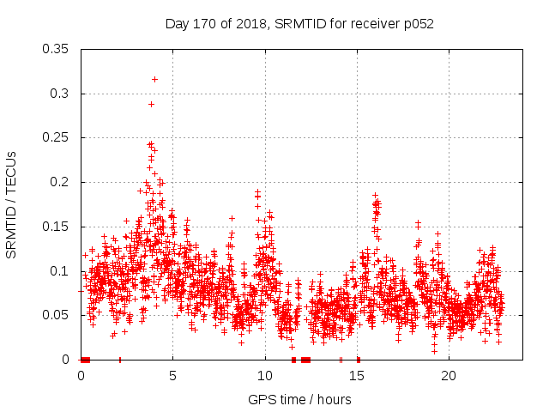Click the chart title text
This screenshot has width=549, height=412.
click(x=299, y=24)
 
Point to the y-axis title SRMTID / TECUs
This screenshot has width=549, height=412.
click(x=11, y=205)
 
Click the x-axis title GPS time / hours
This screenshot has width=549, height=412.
click(x=299, y=399)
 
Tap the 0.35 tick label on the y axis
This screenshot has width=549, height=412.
click(x=56, y=49)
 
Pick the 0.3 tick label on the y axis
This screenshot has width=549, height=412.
click(x=60, y=94)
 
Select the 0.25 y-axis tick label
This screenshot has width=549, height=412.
click(x=56, y=137)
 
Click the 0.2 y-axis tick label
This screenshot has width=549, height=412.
click(x=60, y=182)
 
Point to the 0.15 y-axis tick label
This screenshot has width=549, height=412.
click(x=56, y=227)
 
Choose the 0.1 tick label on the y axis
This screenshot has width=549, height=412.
click(x=60, y=271)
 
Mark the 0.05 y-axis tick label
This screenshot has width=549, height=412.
click(x=56, y=315)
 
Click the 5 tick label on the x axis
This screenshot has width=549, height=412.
click(x=173, y=375)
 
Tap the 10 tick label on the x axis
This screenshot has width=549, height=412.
click(x=265, y=375)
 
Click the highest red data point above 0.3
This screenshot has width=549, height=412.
click(x=154, y=79)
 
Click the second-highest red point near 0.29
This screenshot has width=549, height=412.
click(x=151, y=104)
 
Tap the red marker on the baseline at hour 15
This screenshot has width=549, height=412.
click(x=358, y=360)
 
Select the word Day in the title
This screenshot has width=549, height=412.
click(x=177, y=24)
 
